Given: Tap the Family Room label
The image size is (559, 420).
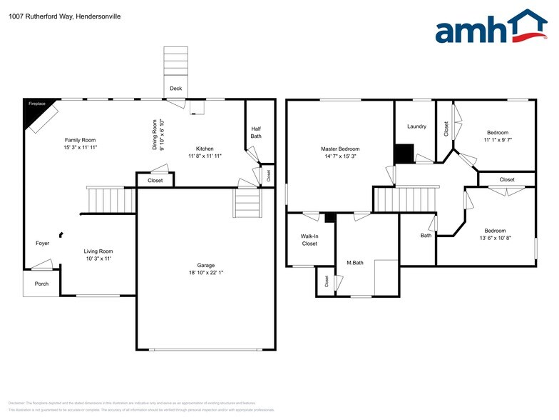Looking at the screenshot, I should (80, 140).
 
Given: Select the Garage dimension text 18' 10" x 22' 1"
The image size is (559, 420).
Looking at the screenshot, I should (206, 272).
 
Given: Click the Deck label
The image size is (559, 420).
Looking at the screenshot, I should (175, 89).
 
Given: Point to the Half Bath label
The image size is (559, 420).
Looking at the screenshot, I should (256, 132).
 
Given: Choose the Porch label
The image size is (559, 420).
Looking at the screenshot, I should (41, 283).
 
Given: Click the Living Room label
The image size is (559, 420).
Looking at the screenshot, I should (98, 251).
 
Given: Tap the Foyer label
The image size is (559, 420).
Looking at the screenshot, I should (43, 244).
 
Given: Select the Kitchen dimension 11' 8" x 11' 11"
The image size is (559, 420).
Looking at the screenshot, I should (205, 156).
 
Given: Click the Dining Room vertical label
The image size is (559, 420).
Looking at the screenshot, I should (155, 134).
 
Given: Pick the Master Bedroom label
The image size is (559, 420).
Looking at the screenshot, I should (340, 149).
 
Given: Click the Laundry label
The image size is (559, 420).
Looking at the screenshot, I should (416, 126).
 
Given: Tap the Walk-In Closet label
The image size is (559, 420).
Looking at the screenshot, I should (309, 240).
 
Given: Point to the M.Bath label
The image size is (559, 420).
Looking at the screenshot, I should (355, 263).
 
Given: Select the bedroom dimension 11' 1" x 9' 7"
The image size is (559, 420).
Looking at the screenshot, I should (498, 140).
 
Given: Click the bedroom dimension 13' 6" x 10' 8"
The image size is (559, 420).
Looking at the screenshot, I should (495, 238).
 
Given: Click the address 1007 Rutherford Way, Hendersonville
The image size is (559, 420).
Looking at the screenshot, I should (65, 14).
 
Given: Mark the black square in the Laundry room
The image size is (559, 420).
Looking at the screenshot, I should (404, 154).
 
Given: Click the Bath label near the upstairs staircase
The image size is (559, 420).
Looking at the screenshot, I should (426, 235).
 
